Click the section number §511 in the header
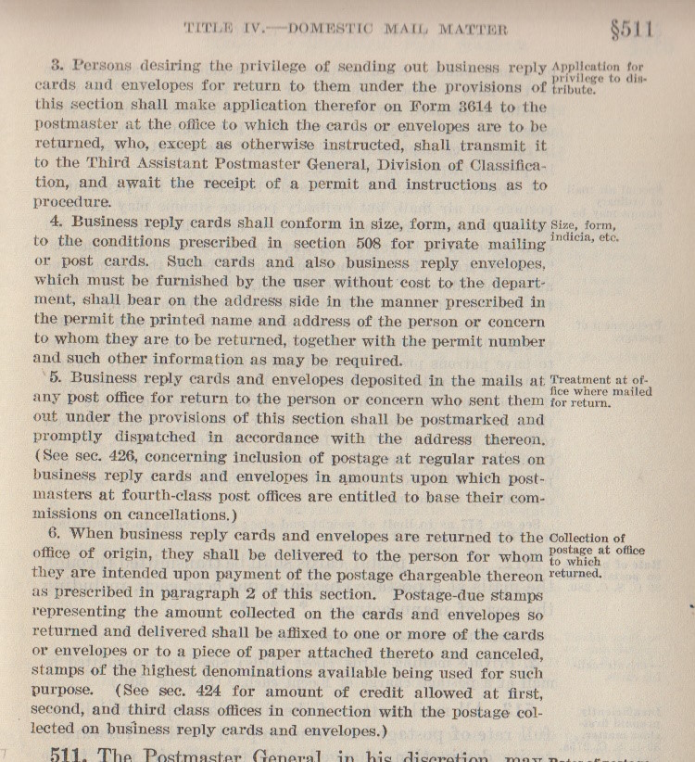coord(632,29)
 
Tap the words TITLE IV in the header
coord(218,29)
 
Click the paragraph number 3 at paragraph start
coord(57,67)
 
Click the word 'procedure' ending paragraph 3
coord(70,203)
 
